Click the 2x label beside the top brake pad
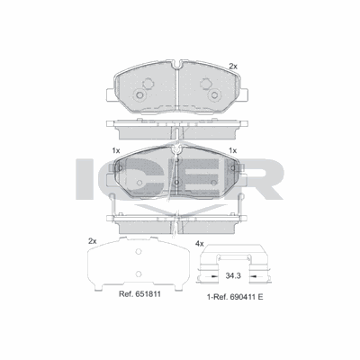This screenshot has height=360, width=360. pos(233,67)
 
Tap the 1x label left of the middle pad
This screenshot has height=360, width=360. pos(116,149)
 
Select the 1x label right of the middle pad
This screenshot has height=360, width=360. pos(233,149)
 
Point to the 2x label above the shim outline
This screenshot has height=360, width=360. pos(92,240)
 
